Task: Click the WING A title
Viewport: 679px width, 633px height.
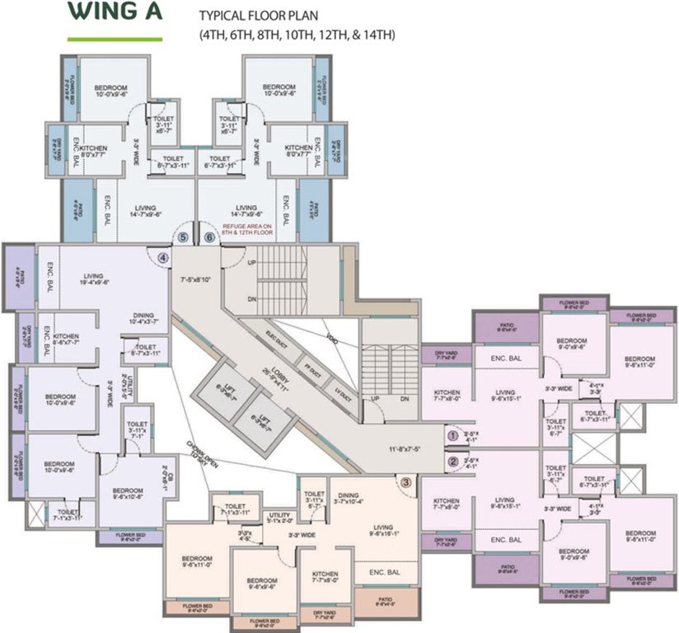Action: click(115, 14)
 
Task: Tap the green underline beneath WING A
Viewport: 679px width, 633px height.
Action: click(115, 38)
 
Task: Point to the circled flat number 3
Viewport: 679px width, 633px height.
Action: click(405, 483)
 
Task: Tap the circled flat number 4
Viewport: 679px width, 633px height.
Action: click(163, 257)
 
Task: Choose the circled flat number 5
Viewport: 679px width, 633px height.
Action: click(182, 237)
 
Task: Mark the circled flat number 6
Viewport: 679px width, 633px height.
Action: click(209, 237)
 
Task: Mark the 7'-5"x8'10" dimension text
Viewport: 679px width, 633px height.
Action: click(199, 280)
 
